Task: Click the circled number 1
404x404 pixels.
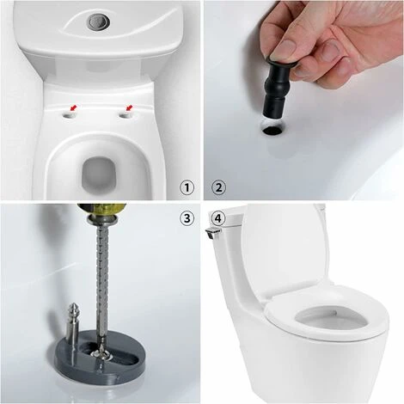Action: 187,188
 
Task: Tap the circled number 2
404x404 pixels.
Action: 218,188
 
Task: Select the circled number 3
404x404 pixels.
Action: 187,218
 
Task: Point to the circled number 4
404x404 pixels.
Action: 218,218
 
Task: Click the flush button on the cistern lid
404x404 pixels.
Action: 97,21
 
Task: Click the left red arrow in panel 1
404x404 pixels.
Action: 74,108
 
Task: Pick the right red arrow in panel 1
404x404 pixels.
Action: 130,108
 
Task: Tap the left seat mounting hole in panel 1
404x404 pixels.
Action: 69,115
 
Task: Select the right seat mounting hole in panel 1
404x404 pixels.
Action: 125,115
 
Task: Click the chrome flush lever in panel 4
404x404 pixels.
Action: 213,232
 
